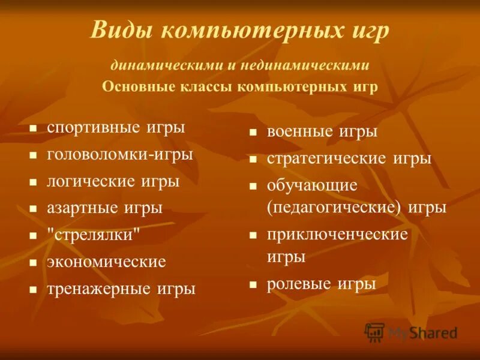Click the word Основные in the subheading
pyautogui.click(x=138, y=86)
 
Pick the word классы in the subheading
pyautogui.click(x=206, y=86)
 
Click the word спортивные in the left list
pyautogui.click(x=93, y=127)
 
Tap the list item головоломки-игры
pyautogui.click(x=120, y=154)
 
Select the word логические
pyautogui.click(x=91, y=181)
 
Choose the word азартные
pyautogui.click(x=83, y=208)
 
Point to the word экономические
pyautogui.click(x=106, y=262)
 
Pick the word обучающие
pyautogui.click(x=312, y=185)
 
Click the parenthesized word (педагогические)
pyautogui.click(x=334, y=208)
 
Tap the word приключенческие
pyautogui.click(x=337, y=235)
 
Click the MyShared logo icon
pyautogui.click(x=375, y=332)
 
